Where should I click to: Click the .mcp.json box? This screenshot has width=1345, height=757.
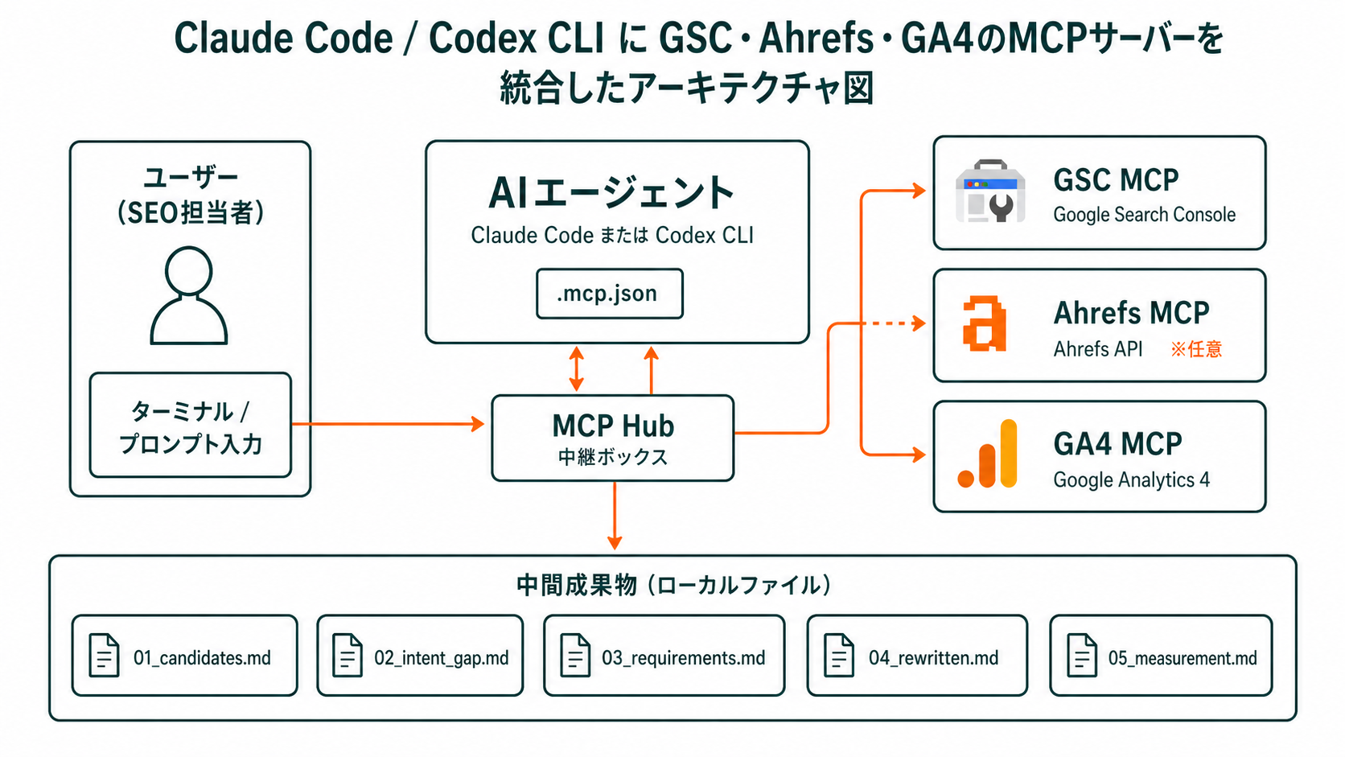609,294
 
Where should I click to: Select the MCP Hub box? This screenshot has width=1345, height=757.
612,438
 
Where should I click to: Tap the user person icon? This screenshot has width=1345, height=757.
189,296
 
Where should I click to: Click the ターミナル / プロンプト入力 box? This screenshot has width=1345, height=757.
190,426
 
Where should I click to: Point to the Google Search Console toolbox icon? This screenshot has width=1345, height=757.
990,191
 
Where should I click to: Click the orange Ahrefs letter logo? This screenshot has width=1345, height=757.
985,324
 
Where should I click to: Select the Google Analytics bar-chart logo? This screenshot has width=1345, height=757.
988,455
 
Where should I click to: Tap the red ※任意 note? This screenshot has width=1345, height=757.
1196,349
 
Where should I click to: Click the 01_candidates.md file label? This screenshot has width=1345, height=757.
202,657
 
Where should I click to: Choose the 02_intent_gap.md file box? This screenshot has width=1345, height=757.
420,656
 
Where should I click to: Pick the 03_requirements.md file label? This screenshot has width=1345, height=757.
683,657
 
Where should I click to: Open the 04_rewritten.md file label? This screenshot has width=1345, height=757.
933,657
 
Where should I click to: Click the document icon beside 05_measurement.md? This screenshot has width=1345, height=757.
1081,655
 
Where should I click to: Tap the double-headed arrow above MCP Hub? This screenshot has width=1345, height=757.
576,368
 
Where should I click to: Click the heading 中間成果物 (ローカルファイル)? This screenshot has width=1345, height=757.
672,585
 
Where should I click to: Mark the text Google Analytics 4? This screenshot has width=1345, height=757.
1131,480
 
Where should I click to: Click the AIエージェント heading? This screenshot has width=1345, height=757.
611,193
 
